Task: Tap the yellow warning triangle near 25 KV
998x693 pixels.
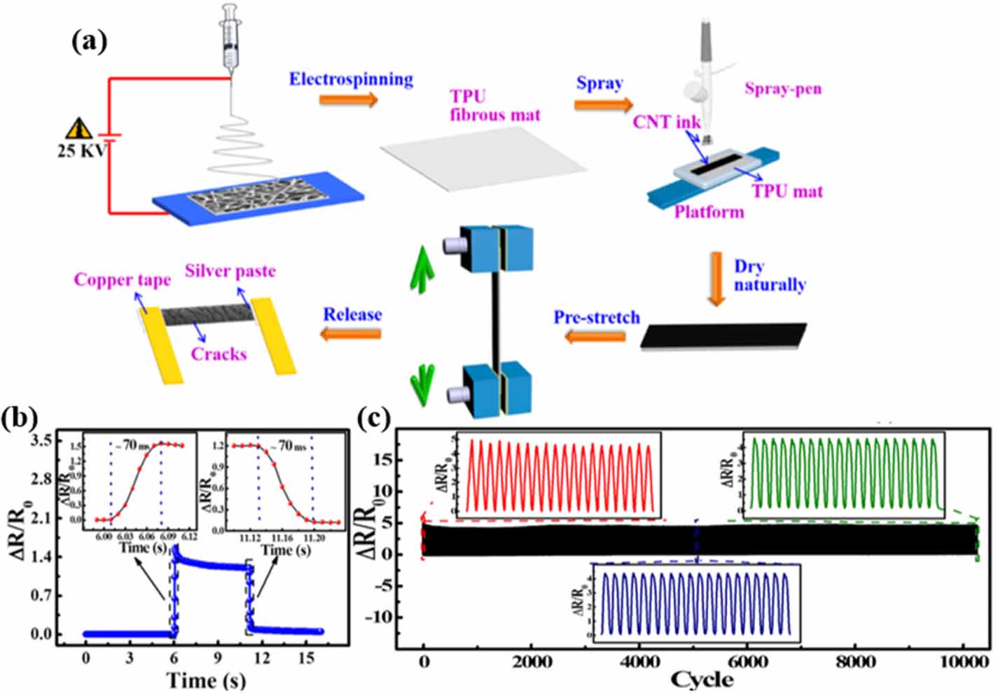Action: (x=79, y=129)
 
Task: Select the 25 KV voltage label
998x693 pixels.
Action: (x=78, y=150)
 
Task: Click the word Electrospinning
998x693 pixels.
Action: (x=351, y=79)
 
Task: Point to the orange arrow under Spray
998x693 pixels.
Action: (x=603, y=105)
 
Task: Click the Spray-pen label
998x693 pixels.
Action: (x=782, y=89)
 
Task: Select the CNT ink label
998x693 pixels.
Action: (x=666, y=122)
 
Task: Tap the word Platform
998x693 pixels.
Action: (x=709, y=211)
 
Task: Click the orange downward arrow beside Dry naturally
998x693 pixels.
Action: (x=716, y=279)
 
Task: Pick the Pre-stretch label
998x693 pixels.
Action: (x=597, y=317)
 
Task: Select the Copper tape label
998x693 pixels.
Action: (x=123, y=280)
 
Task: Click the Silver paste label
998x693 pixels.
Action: (x=230, y=271)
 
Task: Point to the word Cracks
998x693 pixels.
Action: (x=219, y=354)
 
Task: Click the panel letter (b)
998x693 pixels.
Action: (x=20, y=419)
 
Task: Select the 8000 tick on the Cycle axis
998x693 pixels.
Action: (x=855, y=661)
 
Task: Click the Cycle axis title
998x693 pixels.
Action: (x=701, y=679)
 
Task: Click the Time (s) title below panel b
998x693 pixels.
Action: (x=205, y=680)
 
